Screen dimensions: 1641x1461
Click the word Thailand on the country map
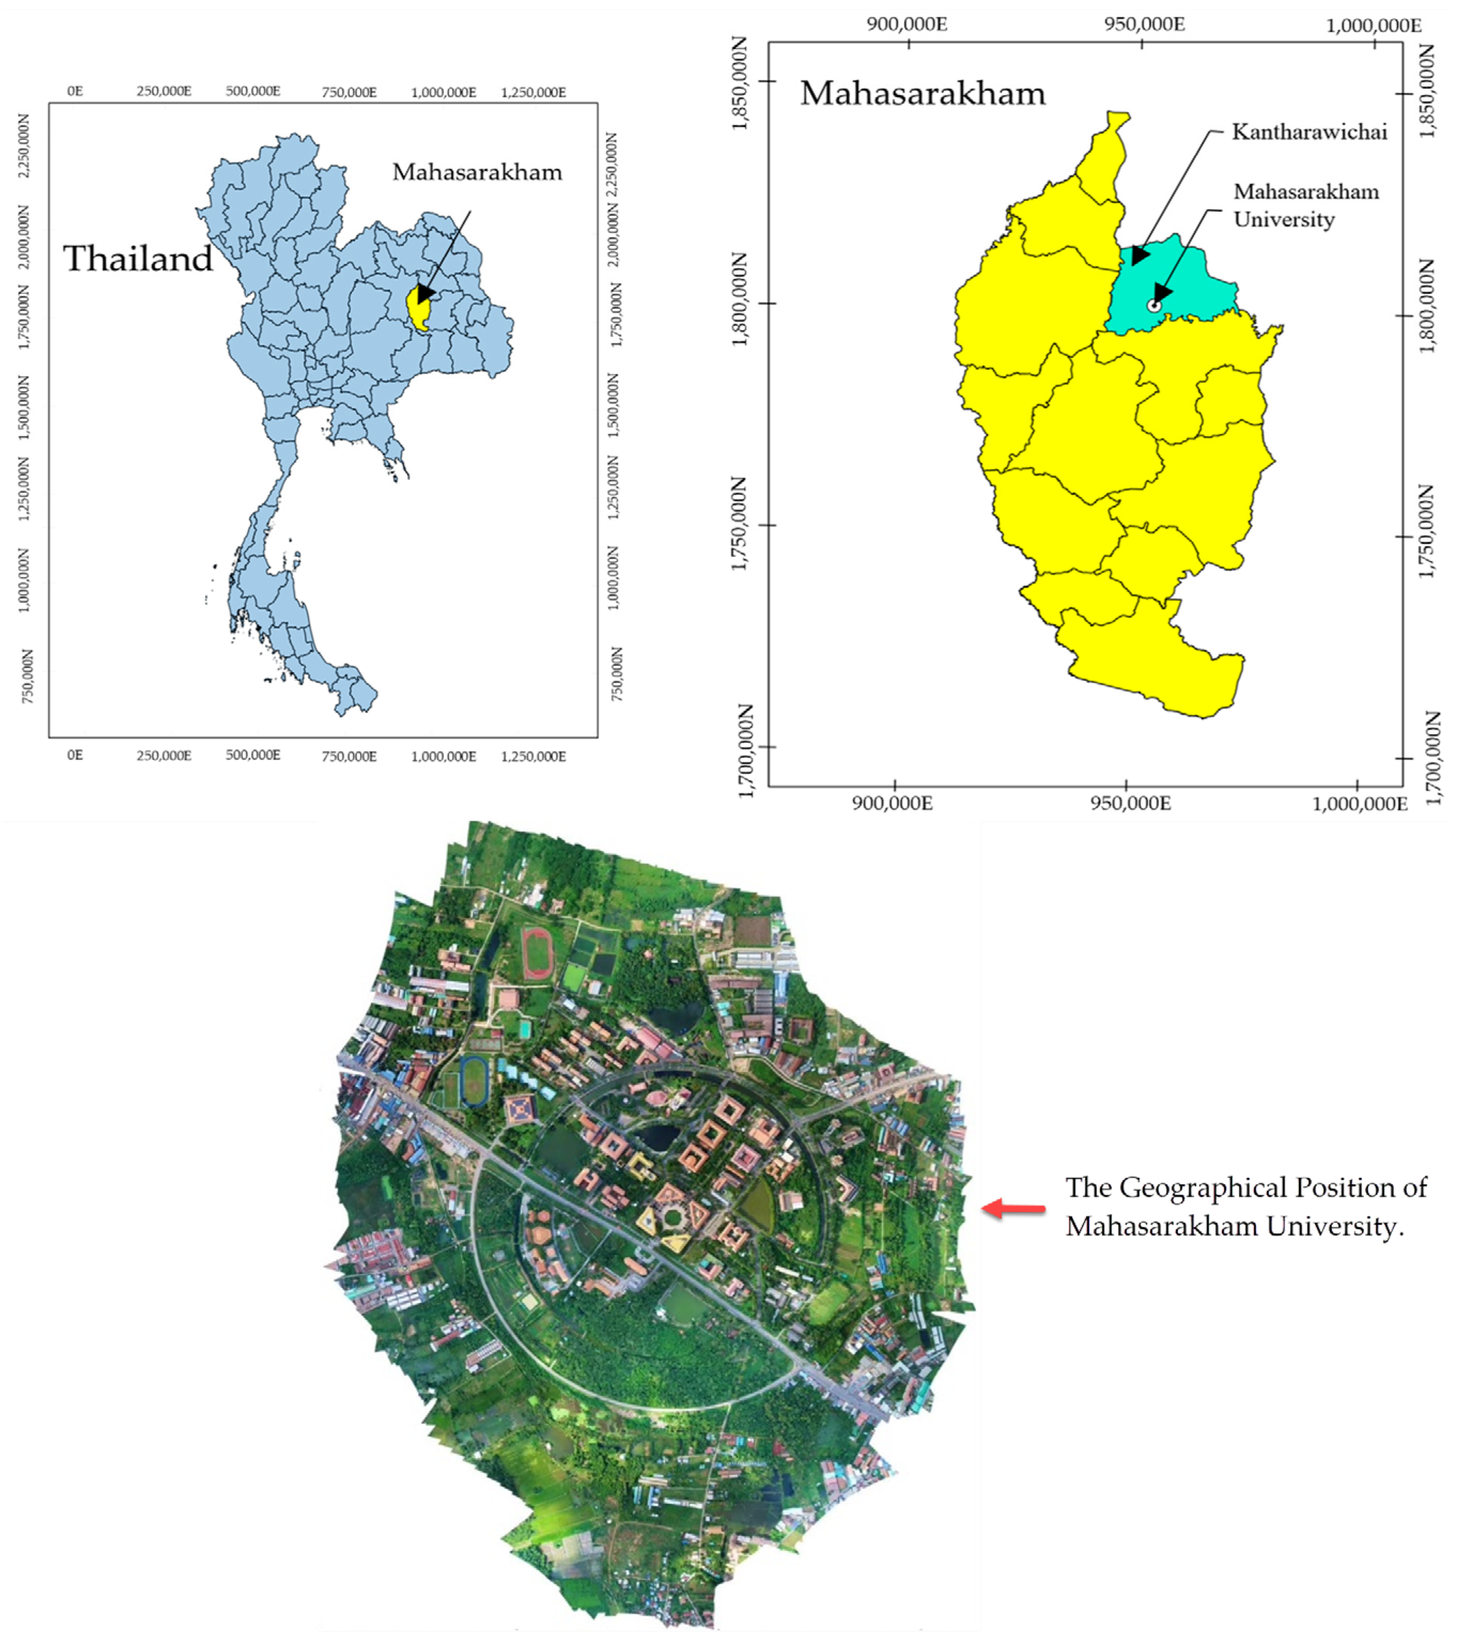(138, 259)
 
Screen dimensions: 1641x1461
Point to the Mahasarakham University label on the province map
(1305, 206)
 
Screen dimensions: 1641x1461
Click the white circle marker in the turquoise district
(1154, 306)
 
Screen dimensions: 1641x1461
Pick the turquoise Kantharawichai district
(1180, 281)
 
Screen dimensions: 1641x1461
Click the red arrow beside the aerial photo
(1015, 1208)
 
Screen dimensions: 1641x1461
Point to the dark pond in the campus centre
(660, 1136)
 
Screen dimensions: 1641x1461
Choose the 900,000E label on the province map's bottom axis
(893, 803)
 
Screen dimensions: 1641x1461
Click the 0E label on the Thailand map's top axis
(75, 91)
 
